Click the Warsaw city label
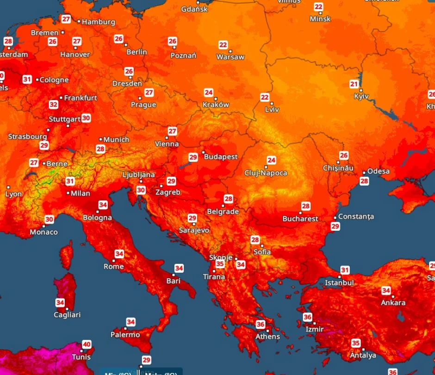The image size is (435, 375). (x=230, y=57)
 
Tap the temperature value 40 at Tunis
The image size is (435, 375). (x=87, y=344)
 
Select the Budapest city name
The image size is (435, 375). (x=221, y=157)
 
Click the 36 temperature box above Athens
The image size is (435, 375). (x=260, y=325)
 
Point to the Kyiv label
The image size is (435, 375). (x=361, y=96)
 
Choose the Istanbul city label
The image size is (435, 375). (x=339, y=282)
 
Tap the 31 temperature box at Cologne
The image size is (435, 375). (x=27, y=80)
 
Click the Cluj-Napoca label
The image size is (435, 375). (x=266, y=173)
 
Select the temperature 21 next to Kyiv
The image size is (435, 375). (x=354, y=84)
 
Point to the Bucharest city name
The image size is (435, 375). (x=300, y=219)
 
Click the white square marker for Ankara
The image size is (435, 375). (x=393, y=296)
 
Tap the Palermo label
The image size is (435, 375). (x=125, y=335)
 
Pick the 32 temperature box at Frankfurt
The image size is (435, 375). (x=54, y=104)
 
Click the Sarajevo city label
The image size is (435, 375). (x=194, y=230)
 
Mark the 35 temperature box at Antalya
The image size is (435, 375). (x=355, y=343)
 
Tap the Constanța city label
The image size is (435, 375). (x=356, y=217)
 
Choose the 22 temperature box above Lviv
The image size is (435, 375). (x=265, y=97)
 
